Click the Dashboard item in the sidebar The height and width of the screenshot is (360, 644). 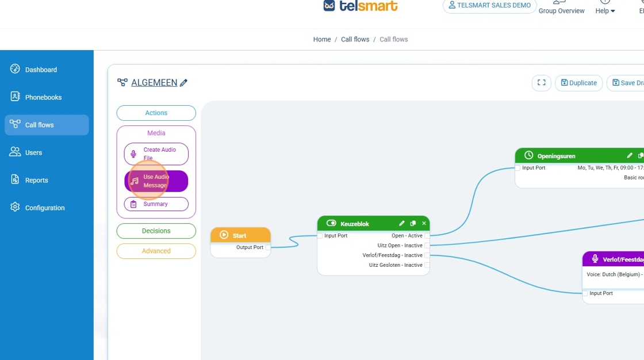coord(40,70)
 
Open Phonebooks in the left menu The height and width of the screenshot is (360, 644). coord(43,97)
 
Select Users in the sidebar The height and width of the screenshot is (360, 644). coord(33,152)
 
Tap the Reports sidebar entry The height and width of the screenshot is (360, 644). coord(36,180)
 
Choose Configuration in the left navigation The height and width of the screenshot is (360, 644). coord(44,208)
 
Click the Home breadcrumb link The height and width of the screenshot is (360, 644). coord(322,40)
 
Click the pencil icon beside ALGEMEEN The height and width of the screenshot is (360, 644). coord(184,83)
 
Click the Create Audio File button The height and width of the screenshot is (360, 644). coord(156,154)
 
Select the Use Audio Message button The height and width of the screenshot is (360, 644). coord(156,181)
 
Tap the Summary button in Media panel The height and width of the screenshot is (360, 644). coord(156,204)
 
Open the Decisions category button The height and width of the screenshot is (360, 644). coord(156,231)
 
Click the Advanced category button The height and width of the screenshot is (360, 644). coord(156,251)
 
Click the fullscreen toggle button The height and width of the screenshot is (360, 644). coord(541,83)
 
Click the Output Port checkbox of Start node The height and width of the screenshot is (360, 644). coord(268,247)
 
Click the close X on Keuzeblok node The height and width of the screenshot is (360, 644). coord(424,224)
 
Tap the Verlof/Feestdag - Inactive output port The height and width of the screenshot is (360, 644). coord(427,255)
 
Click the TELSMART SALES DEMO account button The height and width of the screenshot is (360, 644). coord(489,6)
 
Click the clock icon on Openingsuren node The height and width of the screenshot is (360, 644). coord(529,156)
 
